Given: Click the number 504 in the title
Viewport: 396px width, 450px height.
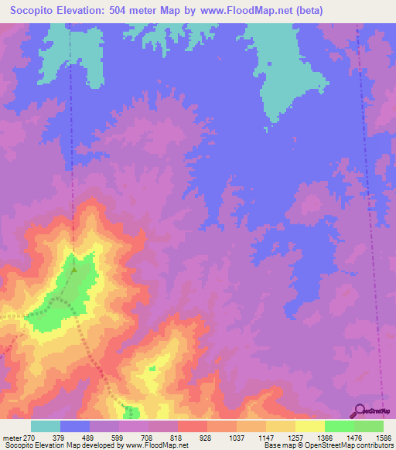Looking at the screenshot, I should [132, 11].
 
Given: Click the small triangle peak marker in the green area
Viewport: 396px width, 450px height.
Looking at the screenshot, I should [74, 270].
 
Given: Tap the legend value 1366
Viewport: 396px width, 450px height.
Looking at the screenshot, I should [324, 437].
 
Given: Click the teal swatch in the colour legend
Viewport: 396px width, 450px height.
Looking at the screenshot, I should [46, 426].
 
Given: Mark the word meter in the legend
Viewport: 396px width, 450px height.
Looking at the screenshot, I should [12, 437].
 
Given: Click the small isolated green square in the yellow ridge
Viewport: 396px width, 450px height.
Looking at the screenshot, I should [152, 368].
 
